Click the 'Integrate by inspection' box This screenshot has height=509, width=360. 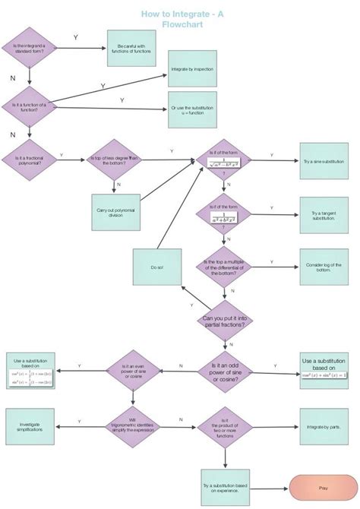(x=192, y=68)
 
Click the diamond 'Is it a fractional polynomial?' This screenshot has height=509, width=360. (x=30, y=159)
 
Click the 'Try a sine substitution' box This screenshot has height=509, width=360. (x=324, y=161)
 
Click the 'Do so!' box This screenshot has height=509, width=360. (x=156, y=267)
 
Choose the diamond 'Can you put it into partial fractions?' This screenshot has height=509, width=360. (x=224, y=320)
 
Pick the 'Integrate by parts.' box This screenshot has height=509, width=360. (x=324, y=427)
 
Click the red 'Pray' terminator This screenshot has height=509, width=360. (x=324, y=488)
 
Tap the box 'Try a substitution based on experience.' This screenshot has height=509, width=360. (x=224, y=488)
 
